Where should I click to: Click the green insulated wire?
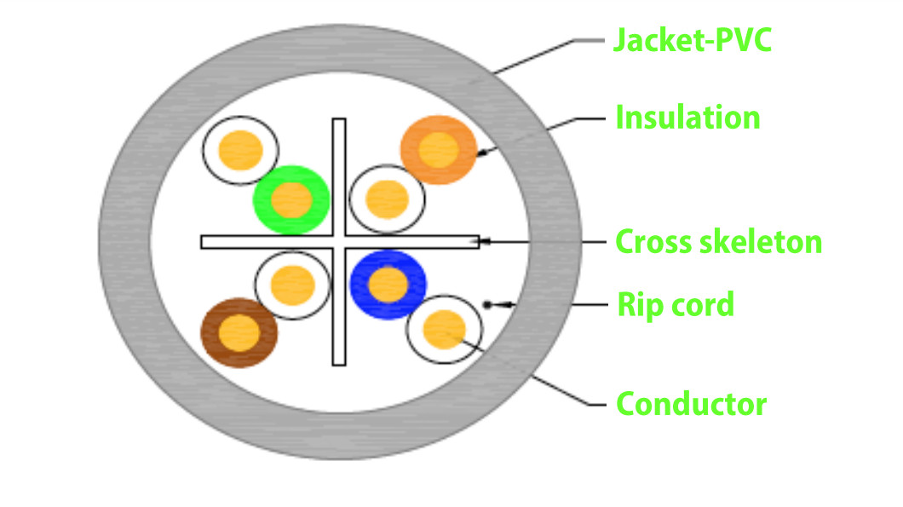pyautogui.click(x=291, y=200)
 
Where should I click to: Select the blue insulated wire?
pyautogui.click(x=388, y=285)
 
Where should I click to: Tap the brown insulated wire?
pyautogui.click(x=239, y=333)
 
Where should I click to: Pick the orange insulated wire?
pyautogui.click(x=439, y=150)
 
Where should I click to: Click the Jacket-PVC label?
pyautogui.click(x=693, y=40)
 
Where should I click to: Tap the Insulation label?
pyautogui.click(x=688, y=118)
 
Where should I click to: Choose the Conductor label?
pyautogui.click(x=692, y=404)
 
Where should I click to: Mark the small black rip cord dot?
pyautogui.click(x=487, y=305)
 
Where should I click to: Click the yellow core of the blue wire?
pyautogui.click(x=388, y=285)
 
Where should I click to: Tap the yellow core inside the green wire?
pyautogui.click(x=291, y=200)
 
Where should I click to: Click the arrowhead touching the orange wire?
pyautogui.click(x=483, y=153)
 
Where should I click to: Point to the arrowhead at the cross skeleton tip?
pyautogui.click(x=485, y=242)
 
